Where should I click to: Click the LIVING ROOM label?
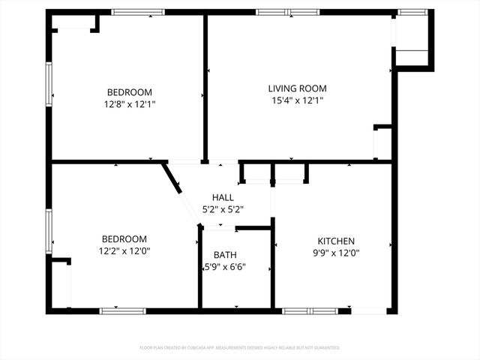click(x=298, y=88)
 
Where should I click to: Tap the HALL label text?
click(x=223, y=197)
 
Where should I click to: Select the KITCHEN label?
click(x=336, y=241)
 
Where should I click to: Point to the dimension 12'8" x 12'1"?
click(x=130, y=104)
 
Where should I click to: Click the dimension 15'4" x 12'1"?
click(x=298, y=100)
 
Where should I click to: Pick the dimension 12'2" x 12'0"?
click(x=124, y=252)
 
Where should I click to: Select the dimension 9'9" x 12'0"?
click(x=336, y=253)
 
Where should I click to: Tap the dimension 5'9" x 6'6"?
click(x=225, y=267)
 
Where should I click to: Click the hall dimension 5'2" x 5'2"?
click(x=223, y=209)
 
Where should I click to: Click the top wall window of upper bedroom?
click(x=138, y=12)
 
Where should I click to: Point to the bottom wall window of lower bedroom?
click(x=123, y=310)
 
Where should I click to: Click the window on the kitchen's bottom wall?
click(x=310, y=310)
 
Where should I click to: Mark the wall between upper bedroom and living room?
click(x=205, y=86)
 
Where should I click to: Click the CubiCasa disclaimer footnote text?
click(x=240, y=348)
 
